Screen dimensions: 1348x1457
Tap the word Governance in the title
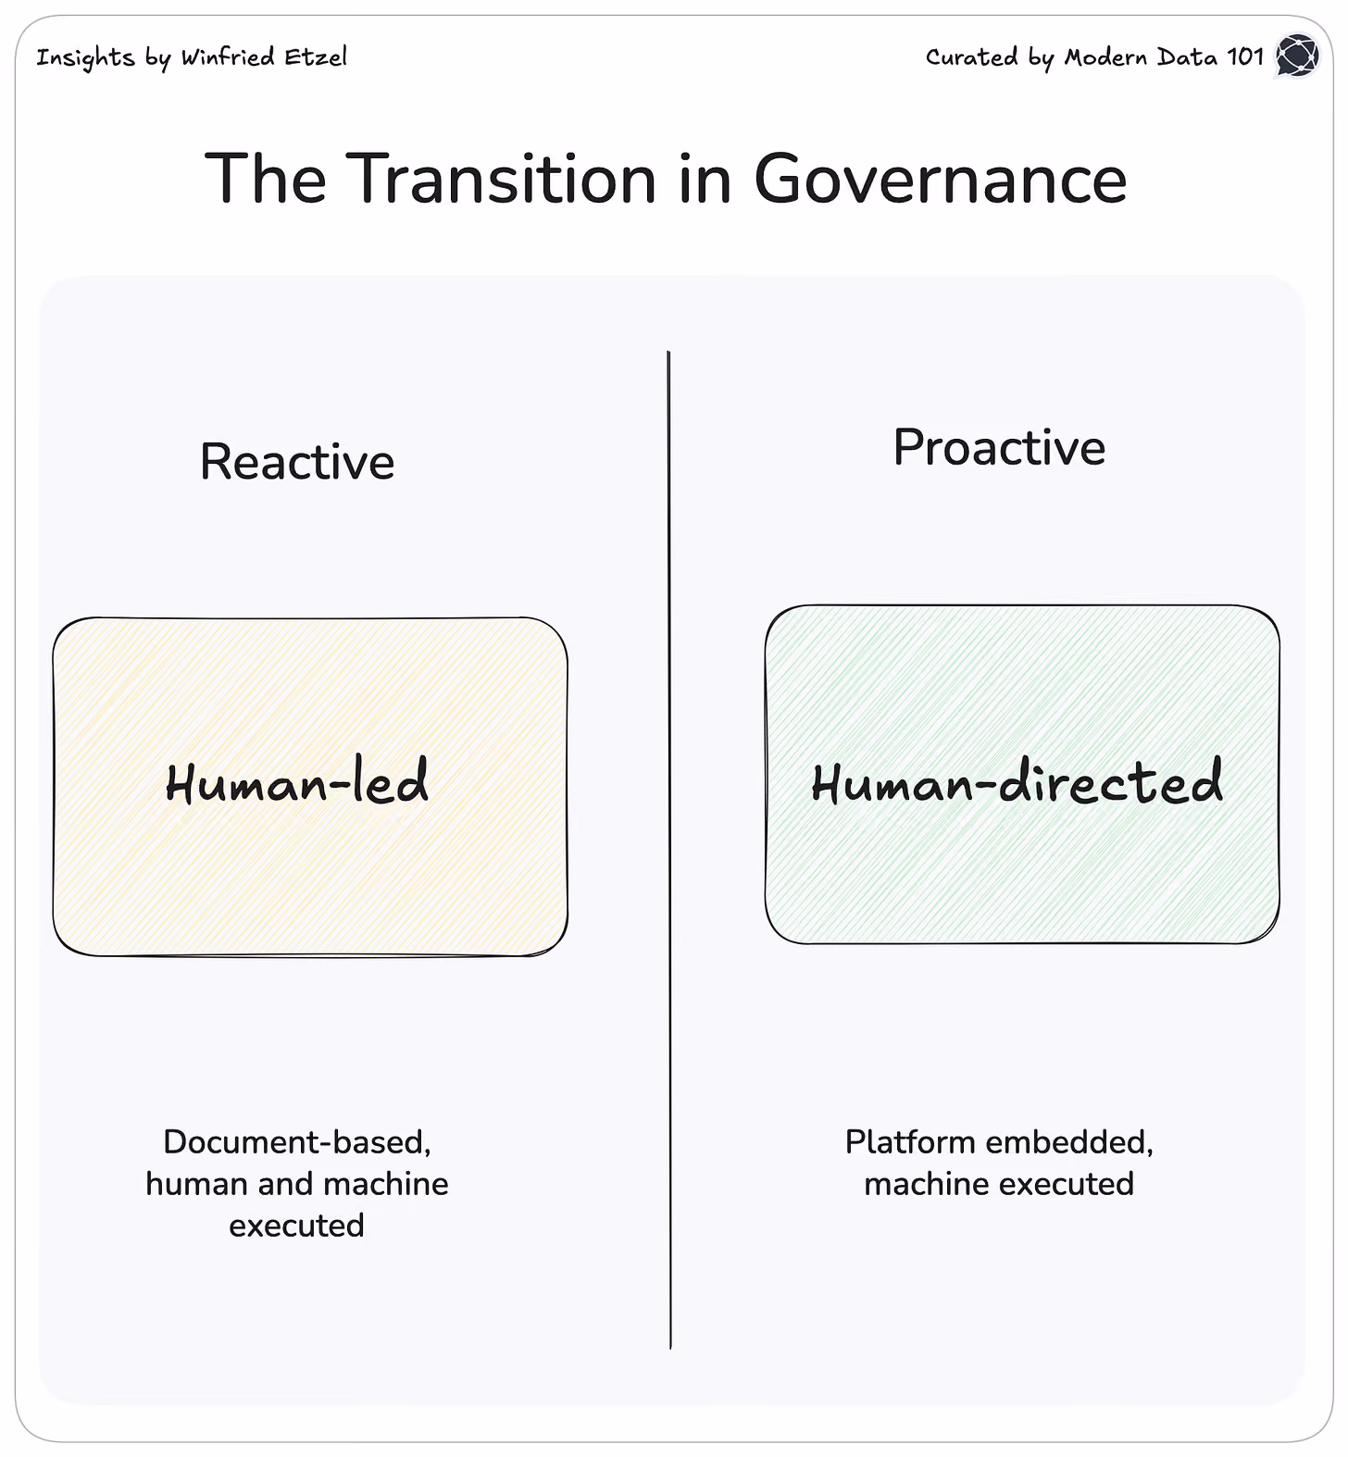point(941,178)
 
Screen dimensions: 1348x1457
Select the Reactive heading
point(297,461)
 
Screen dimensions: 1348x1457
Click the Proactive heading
point(999,447)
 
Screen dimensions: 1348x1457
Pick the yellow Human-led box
point(310,787)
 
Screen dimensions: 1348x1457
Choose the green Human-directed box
point(1022,775)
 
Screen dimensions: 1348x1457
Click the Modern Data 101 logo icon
point(1297,56)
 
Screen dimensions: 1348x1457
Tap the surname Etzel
point(316,56)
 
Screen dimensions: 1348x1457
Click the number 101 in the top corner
point(1245,56)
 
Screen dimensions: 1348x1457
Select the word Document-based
point(297,1142)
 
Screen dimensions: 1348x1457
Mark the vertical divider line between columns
point(669,850)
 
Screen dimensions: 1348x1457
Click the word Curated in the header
point(972,56)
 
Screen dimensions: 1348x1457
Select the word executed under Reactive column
point(296,1226)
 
